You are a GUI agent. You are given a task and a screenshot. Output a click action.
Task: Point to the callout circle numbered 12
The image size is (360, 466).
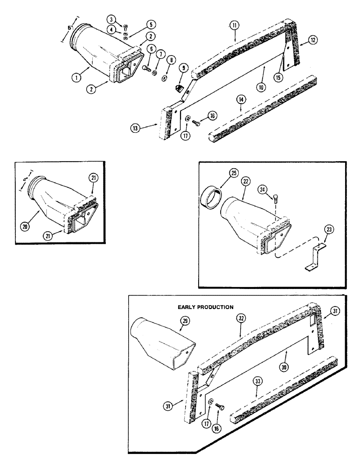tap(312, 40)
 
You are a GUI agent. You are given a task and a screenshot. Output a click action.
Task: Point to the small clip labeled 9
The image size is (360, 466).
tap(179, 88)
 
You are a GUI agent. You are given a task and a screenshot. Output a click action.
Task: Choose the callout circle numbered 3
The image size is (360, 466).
tap(111, 19)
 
